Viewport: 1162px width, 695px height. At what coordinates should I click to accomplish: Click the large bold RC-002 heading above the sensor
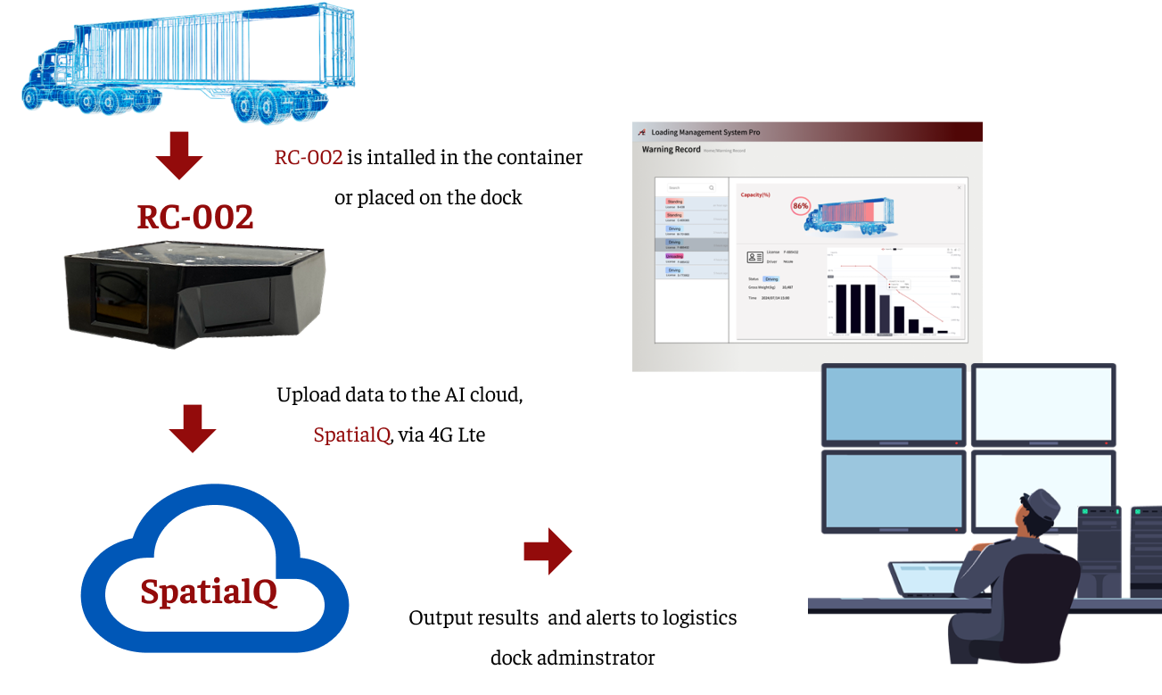point(195,217)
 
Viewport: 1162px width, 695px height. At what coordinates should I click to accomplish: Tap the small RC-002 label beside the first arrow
point(309,158)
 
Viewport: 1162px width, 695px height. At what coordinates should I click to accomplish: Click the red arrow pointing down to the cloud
point(193,428)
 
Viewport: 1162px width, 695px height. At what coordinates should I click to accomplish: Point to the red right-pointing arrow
point(548,550)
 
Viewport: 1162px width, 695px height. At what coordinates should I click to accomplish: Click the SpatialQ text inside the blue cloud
point(209,592)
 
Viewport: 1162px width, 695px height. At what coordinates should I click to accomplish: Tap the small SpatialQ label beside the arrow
point(351,435)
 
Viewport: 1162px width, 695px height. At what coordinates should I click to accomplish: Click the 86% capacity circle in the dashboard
point(800,206)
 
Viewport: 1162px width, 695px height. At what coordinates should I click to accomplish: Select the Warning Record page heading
point(671,150)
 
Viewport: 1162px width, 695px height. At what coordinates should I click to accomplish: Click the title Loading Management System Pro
point(705,132)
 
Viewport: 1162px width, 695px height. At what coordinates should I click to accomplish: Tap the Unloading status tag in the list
point(674,256)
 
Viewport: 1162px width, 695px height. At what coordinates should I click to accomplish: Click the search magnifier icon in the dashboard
point(711,188)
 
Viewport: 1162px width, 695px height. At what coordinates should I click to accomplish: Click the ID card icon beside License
point(754,257)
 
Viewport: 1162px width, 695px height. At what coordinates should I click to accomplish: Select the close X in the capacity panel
point(960,187)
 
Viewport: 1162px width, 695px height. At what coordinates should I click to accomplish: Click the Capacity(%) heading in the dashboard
point(754,194)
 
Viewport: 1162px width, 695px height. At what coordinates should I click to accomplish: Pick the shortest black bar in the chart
point(943,331)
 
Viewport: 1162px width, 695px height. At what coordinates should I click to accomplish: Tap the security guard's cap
point(1042,504)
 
